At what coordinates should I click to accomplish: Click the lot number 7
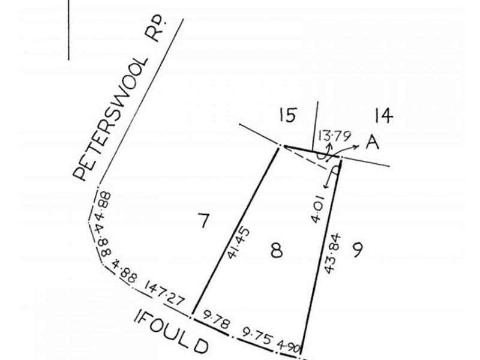point(203,220)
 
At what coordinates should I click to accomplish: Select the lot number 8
point(277,250)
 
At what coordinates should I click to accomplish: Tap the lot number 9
point(357,250)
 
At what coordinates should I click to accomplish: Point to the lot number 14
point(383,116)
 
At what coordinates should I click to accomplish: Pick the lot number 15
point(288,115)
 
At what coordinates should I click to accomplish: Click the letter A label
point(372,142)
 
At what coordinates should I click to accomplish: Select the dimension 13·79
point(334,136)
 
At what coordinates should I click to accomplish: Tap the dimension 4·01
point(317,209)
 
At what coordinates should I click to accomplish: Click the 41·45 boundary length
point(238,243)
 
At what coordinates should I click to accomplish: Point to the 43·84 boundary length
point(332,253)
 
